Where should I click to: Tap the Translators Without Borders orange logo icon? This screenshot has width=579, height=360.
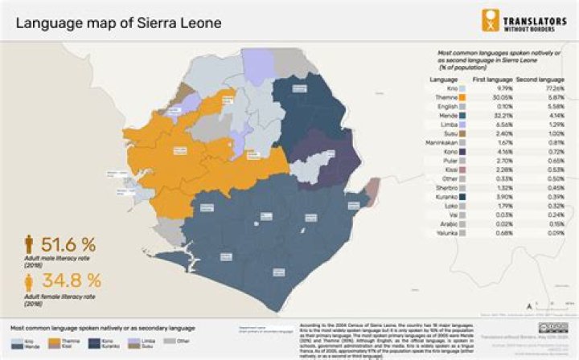(x=490, y=20)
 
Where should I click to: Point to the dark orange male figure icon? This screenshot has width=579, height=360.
(x=29, y=243)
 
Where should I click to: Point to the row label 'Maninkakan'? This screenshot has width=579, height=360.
(x=444, y=141)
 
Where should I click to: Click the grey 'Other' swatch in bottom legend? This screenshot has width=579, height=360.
(x=169, y=342)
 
